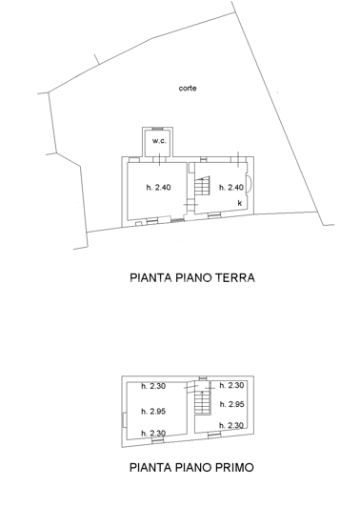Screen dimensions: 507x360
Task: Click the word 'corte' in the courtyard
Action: point(188,89)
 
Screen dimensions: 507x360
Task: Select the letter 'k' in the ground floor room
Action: point(239,203)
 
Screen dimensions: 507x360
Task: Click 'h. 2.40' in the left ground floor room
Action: point(158,188)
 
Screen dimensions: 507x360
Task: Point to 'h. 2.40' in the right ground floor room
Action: point(231,188)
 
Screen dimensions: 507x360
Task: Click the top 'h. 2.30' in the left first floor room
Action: point(154,386)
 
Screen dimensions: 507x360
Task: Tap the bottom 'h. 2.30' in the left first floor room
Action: point(154,435)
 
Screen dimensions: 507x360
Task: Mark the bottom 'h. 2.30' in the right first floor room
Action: point(233,425)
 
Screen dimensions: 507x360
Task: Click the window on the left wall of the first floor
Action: point(122,419)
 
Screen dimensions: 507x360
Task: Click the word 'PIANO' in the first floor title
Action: point(199,470)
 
